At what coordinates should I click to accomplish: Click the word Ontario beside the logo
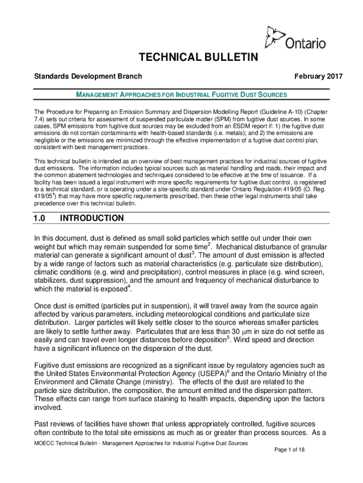305,43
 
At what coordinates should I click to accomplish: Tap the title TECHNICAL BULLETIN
198,58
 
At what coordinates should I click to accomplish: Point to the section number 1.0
39,218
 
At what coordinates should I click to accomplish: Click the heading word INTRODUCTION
92,218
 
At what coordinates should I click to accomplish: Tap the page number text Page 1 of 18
289,450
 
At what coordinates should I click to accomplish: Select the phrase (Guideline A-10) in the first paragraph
274,112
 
